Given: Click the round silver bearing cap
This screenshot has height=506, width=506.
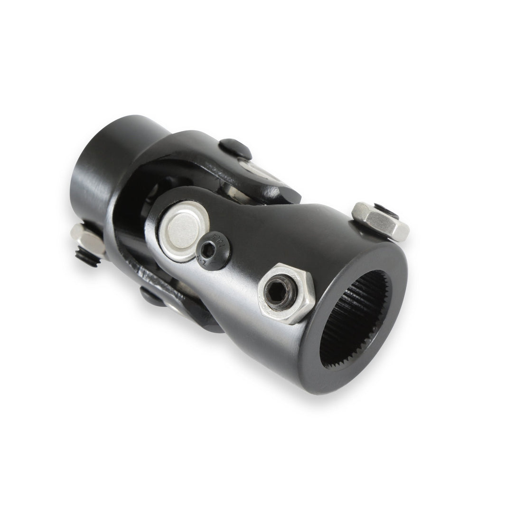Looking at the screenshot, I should tap(184, 231).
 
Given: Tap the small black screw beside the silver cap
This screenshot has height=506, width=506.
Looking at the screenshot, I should tap(213, 250).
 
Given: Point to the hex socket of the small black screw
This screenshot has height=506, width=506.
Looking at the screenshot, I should tap(209, 249).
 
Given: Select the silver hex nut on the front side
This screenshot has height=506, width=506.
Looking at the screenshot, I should tap(286, 292).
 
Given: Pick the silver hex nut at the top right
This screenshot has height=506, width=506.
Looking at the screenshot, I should tap(380, 220).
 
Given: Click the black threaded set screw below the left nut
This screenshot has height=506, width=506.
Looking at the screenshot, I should tap(86, 258).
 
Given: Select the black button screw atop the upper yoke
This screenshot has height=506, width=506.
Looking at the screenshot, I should tap(235, 149).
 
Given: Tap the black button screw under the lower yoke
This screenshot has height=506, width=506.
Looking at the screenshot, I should tap(153, 297).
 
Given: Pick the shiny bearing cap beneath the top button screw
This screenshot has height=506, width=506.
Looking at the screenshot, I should tap(256, 170).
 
